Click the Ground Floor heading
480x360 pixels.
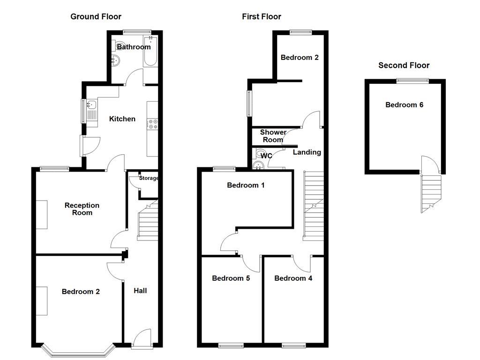coord(96,17)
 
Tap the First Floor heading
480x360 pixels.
coord(262,17)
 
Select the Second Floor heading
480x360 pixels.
coord(404,66)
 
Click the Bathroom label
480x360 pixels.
coord(134,47)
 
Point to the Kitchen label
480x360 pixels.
coord(122,119)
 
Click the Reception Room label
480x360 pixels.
coord(82,209)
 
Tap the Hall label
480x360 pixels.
coord(140,291)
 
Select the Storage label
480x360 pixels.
coord(149,178)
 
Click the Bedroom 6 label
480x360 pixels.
coord(404,105)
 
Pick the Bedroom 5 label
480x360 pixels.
coord(231,278)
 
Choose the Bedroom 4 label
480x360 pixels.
coord(293,278)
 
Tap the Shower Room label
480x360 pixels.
coord(273,136)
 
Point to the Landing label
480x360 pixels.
coord(307,152)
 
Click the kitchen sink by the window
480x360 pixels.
coord(91,105)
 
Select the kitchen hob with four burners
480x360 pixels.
coord(153,124)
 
